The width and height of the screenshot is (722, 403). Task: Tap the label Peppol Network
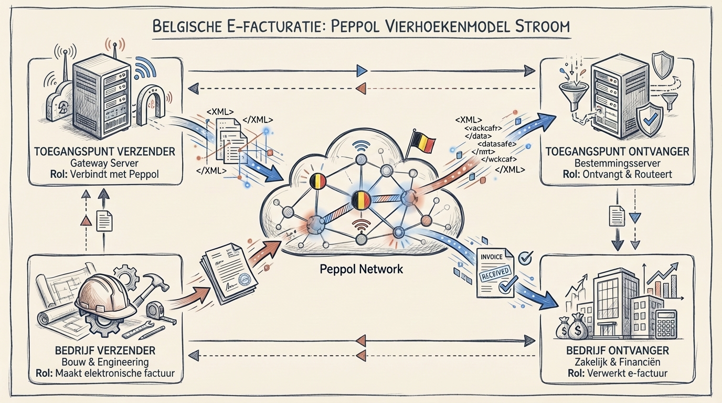361,269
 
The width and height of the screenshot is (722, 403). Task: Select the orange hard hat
103,293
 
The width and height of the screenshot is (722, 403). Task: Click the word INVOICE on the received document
491,257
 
